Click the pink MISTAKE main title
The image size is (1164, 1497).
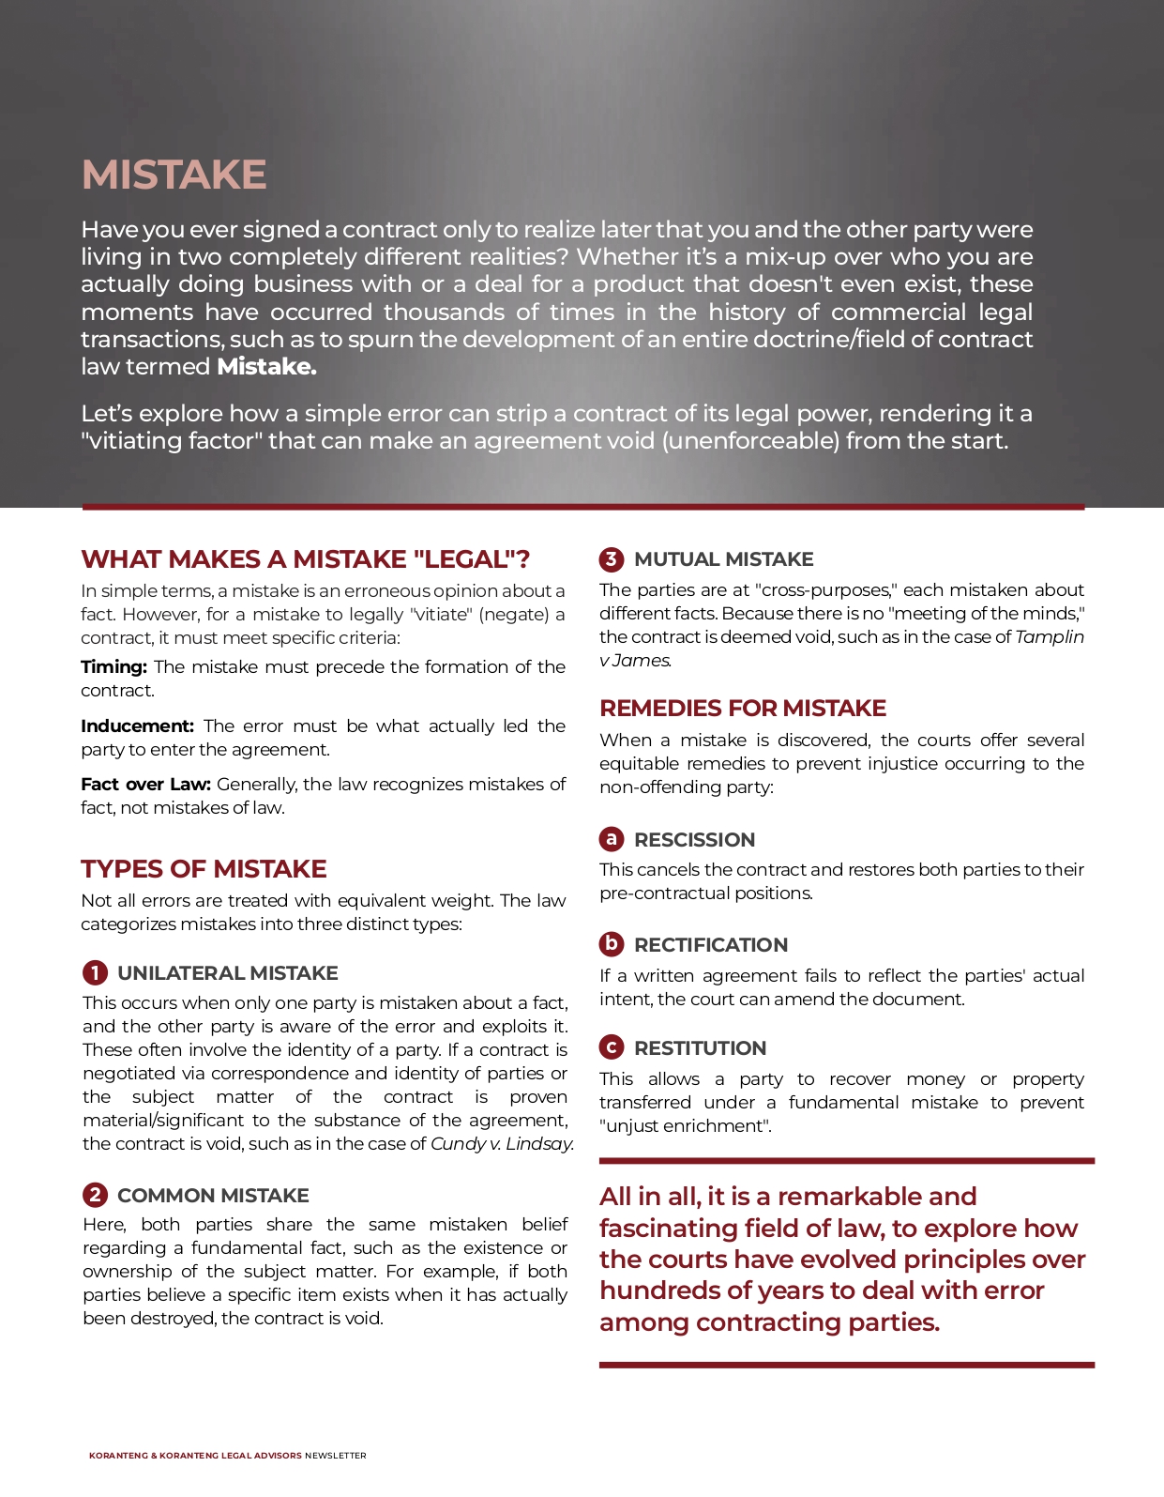[x=174, y=175]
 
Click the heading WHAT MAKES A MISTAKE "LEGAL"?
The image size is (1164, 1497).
[x=306, y=559]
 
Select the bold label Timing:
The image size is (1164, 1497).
[x=113, y=667]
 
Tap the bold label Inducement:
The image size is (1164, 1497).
[x=137, y=726]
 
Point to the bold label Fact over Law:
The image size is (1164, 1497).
[x=145, y=785]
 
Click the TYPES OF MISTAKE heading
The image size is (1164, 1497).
[x=204, y=869]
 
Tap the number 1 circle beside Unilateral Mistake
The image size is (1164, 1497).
[x=95, y=972]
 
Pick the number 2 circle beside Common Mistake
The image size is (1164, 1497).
[x=95, y=1195]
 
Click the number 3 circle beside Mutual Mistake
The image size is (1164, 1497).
[x=612, y=559]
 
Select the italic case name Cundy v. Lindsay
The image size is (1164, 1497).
[x=502, y=1144]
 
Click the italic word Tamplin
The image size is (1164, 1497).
[x=1050, y=637]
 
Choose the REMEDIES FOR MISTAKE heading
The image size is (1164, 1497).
[x=743, y=709]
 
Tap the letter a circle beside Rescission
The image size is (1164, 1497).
[x=612, y=838]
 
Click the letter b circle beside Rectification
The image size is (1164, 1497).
[x=612, y=943]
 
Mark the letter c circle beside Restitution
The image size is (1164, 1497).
[x=612, y=1046]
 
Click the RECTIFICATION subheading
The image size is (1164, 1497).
[x=710, y=945]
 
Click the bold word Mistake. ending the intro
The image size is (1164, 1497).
[x=266, y=367]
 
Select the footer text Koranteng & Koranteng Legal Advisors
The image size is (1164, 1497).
[x=195, y=1456]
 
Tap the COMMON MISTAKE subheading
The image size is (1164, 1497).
[x=213, y=1196]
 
